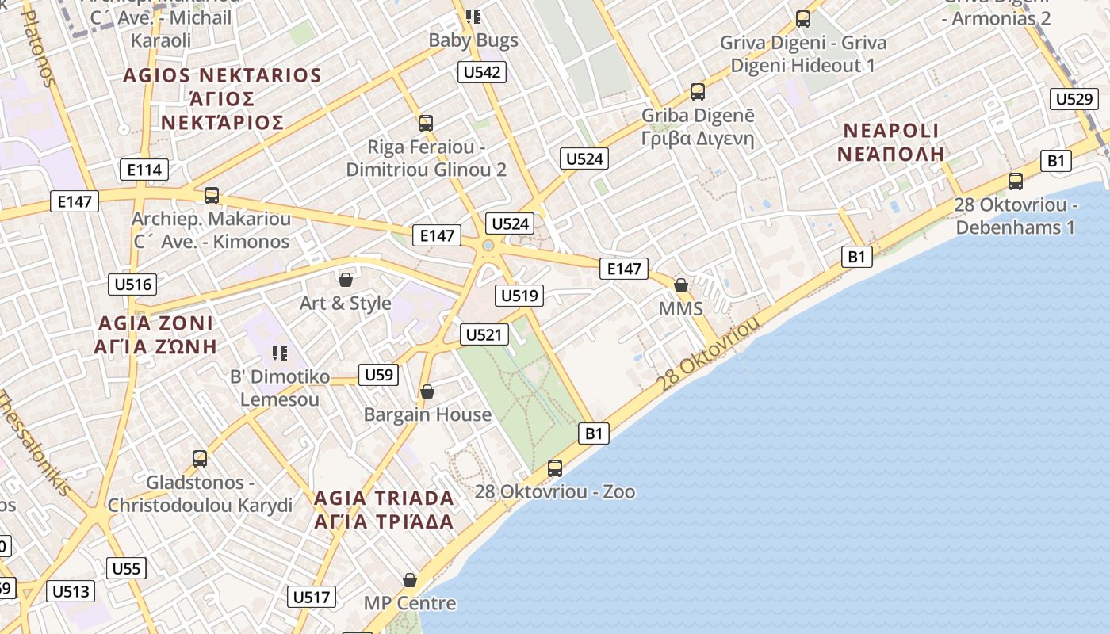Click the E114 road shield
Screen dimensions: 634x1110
point(144,169)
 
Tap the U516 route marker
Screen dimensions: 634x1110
point(132,285)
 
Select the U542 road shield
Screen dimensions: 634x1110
point(482,72)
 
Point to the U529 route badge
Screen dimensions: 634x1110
point(1074,99)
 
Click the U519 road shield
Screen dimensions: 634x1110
point(519,296)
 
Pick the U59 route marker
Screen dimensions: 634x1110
point(378,374)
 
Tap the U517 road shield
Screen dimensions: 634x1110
point(312,597)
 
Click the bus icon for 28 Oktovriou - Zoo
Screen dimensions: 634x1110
point(555,468)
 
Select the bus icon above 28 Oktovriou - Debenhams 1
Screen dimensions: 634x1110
point(1016,181)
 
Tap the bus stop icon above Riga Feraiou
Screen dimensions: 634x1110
point(426,124)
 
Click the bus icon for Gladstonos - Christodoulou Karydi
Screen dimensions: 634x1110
point(200,459)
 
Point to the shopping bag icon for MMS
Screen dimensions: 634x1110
point(680,285)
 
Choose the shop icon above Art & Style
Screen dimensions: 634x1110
point(346,279)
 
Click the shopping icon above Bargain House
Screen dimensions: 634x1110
point(427,391)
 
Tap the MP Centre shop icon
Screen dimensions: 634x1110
point(410,580)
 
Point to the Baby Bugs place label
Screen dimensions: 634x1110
point(473,40)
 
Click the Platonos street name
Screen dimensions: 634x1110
point(40,48)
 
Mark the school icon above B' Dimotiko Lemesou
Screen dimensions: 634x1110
point(279,353)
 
